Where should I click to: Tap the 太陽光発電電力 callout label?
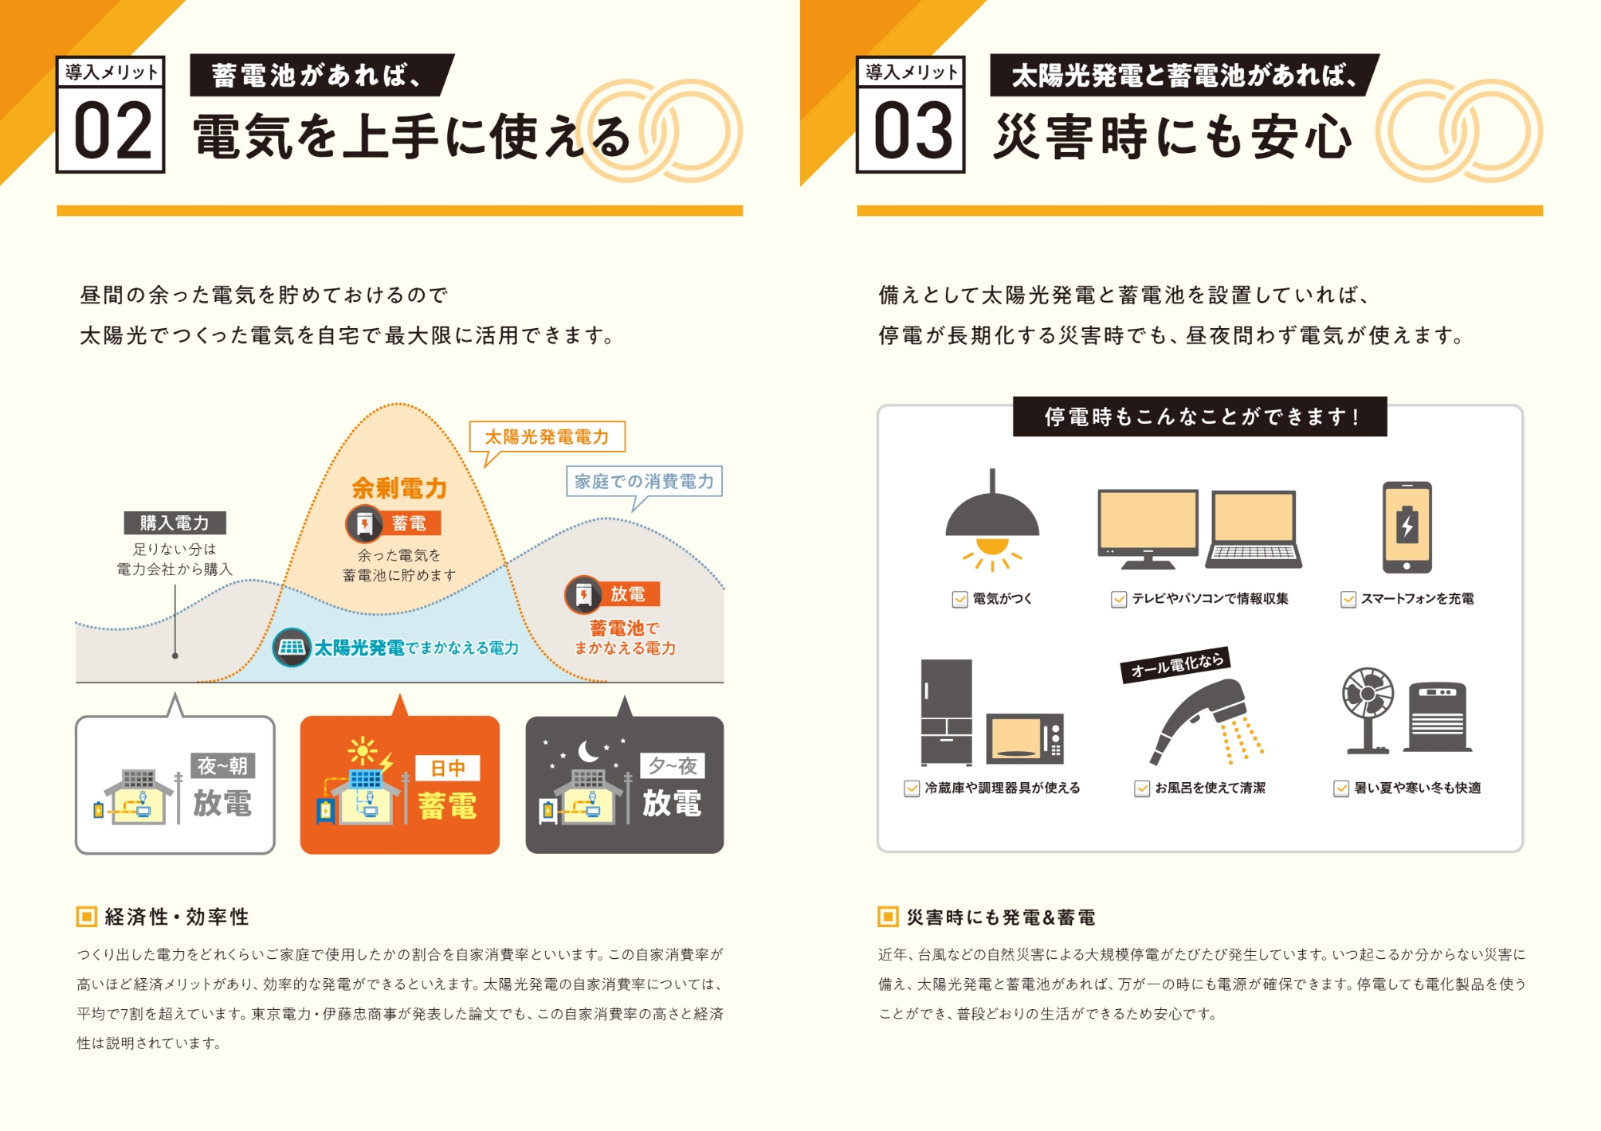[x=547, y=436]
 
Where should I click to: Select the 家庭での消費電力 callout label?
[x=644, y=481]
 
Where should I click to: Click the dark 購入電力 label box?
[x=175, y=522]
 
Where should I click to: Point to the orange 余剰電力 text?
[x=398, y=487]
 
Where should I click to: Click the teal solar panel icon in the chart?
[x=291, y=647]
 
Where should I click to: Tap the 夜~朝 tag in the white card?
[x=222, y=765]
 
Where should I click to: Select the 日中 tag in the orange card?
[x=447, y=768]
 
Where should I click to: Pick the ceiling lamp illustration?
[x=992, y=522]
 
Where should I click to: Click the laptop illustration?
[x=1254, y=530]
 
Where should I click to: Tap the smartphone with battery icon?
[x=1407, y=527]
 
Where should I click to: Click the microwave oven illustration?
[x=1025, y=739]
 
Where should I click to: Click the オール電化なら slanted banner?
[x=1175, y=663]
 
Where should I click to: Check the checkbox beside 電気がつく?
[x=959, y=599]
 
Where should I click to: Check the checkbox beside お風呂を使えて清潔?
[x=1141, y=789]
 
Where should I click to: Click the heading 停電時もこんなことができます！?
[x=1199, y=417]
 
